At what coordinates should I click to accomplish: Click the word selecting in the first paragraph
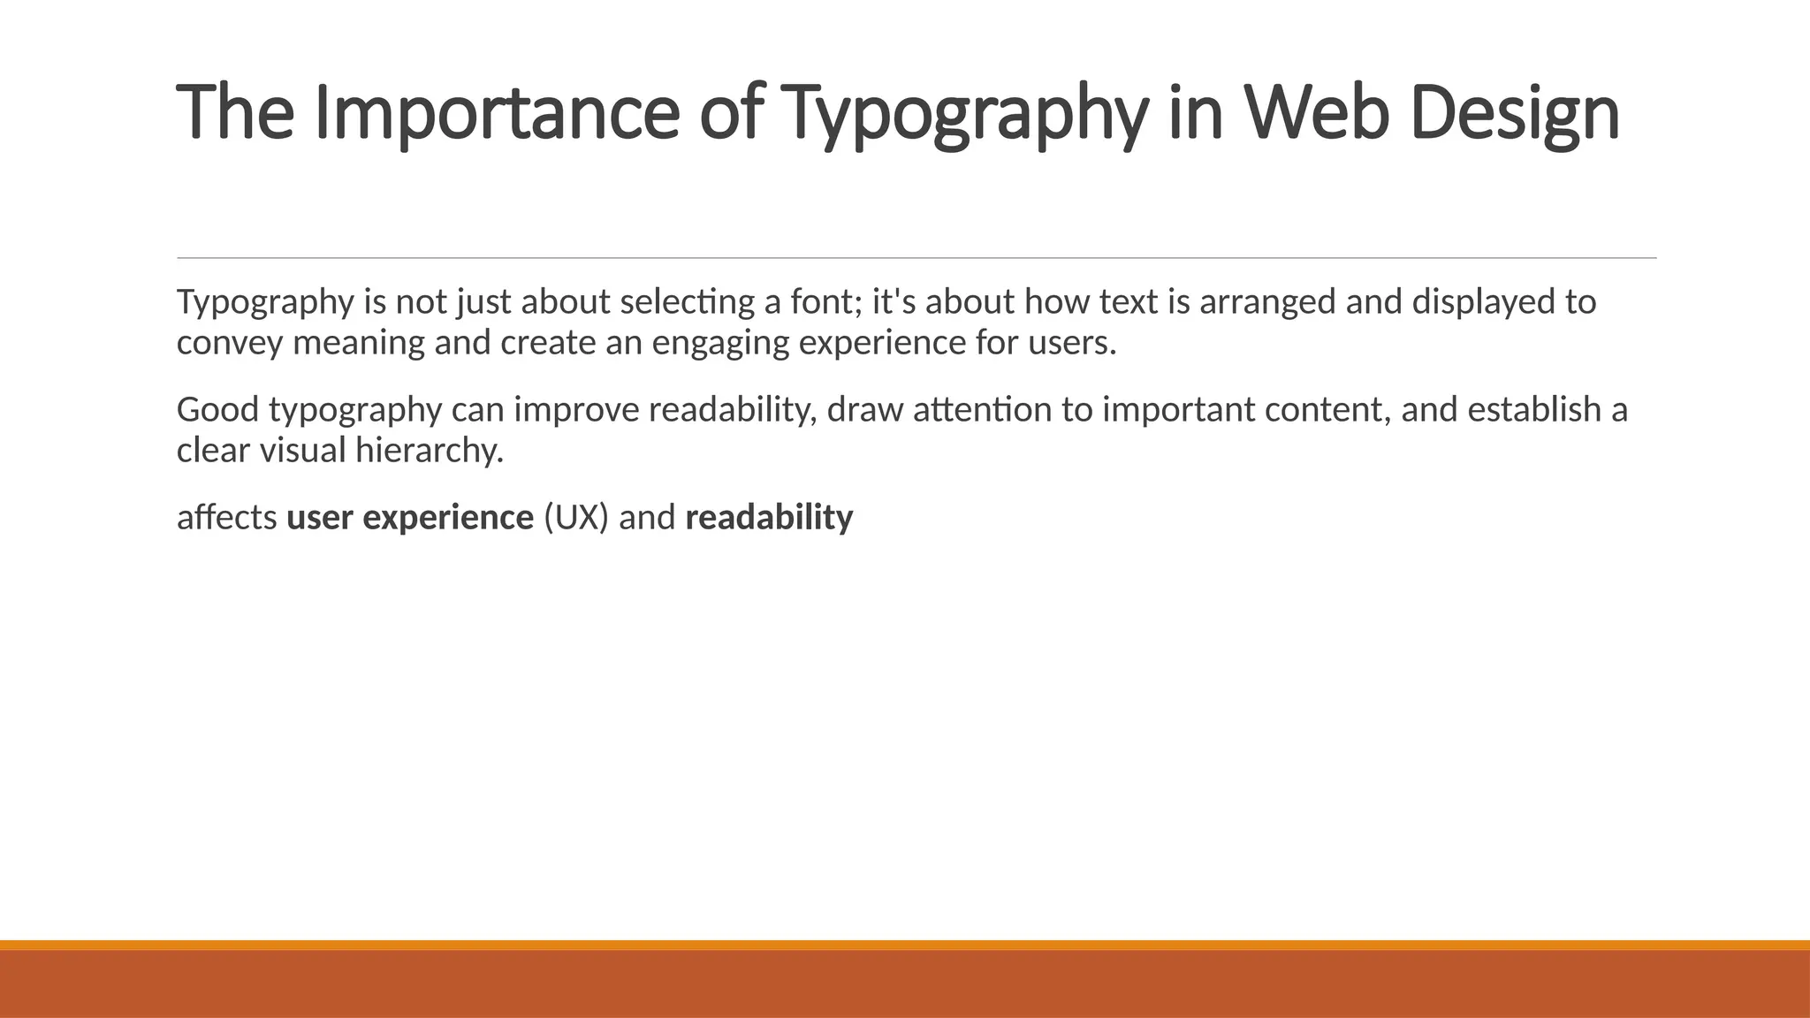pyautogui.click(x=687, y=302)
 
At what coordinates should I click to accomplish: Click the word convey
pyautogui.click(x=230, y=343)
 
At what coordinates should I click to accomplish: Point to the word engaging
pyautogui.click(x=720, y=343)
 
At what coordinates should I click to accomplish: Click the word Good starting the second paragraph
pyautogui.click(x=217, y=410)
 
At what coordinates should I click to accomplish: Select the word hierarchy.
pyautogui.click(x=430, y=451)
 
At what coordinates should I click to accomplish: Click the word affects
pyautogui.click(x=227, y=518)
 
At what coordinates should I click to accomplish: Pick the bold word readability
pyautogui.click(x=769, y=518)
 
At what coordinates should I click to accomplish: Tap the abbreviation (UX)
pyautogui.click(x=576, y=518)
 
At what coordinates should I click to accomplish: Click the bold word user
pyautogui.click(x=320, y=518)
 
